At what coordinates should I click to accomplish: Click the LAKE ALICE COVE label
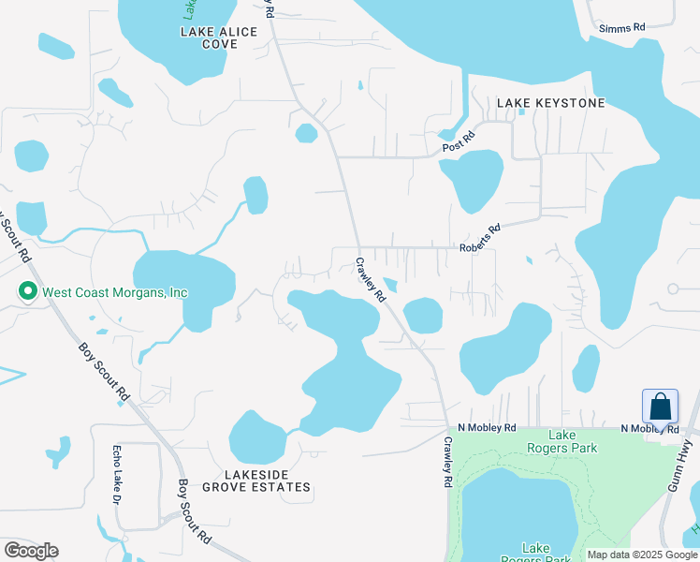[218, 37]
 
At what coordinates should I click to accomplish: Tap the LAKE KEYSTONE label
[551, 102]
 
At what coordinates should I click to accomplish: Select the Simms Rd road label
[624, 27]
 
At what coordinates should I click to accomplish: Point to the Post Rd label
[459, 142]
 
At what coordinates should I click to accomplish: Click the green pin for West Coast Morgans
[28, 292]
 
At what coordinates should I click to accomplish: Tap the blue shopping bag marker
[660, 408]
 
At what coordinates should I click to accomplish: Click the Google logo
[31, 551]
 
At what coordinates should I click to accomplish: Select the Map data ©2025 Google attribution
[642, 555]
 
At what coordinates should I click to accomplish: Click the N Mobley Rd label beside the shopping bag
[648, 429]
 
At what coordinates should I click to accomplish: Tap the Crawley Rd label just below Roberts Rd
[370, 279]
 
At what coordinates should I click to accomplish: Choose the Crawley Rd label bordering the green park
[448, 464]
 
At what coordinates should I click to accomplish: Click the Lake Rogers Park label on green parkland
[574, 441]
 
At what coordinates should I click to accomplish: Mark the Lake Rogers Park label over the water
[536, 554]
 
